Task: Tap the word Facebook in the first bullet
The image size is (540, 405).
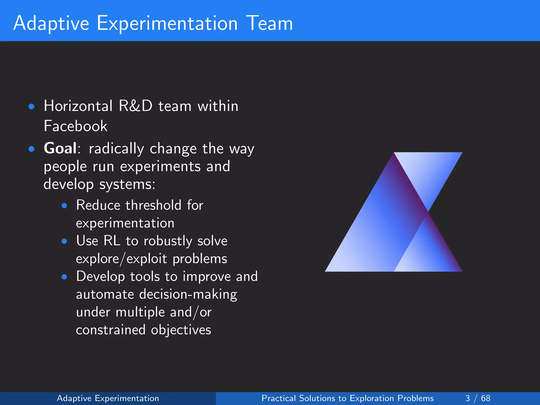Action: coord(75,126)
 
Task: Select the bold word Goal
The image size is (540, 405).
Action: coord(60,148)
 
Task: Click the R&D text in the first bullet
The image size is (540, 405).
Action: coord(135,106)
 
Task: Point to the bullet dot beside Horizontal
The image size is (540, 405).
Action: coord(32,107)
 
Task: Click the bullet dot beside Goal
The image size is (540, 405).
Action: coord(32,149)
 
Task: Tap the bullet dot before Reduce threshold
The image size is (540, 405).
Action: coord(64,206)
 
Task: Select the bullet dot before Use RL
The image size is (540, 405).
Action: coord(64,241)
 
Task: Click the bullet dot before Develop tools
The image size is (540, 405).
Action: coord(64,277)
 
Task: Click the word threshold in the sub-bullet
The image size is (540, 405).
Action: coord(153,205)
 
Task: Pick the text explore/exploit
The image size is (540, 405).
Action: coord(121,259)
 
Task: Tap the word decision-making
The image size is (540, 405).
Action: coord(188,295)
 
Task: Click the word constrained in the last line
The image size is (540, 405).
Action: coord(110,330)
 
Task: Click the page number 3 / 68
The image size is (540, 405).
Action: coord(478,398)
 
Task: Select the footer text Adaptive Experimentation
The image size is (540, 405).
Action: coord(108,398)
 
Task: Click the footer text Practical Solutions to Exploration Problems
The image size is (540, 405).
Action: coord(348,398)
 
